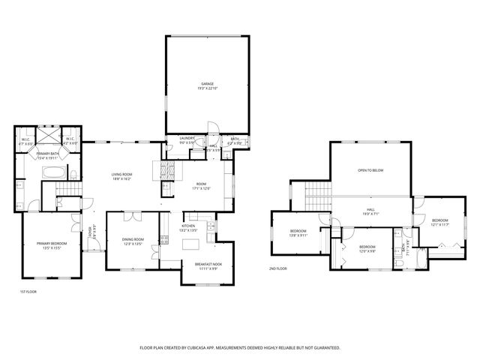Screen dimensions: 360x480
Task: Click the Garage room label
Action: click(206, 85)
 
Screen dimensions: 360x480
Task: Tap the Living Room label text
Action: click(121, 176)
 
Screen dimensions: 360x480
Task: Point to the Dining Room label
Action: click(132, 241)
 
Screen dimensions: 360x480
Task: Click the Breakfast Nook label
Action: click(208, 265)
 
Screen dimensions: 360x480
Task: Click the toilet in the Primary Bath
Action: click(75, 173)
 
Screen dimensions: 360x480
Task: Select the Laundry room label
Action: click(187, 139)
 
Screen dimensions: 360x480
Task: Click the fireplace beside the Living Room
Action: click(166, 169)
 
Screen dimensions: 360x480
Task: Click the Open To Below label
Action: click(370, 171)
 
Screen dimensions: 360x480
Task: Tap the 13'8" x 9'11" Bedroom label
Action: click(298, 233)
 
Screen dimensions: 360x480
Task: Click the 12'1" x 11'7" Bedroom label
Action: click(439, 223)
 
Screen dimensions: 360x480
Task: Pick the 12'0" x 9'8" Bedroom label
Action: click(367, 248)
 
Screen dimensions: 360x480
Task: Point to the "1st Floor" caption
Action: click(27, 291)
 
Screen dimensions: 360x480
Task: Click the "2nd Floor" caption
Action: click(277, 268)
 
